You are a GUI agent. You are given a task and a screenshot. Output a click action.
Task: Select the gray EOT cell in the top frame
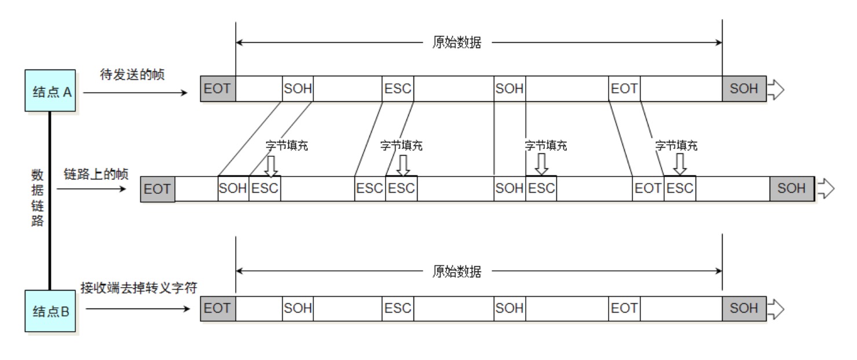coord(218,89)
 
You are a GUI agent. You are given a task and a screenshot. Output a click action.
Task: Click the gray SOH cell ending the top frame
coord(744,89)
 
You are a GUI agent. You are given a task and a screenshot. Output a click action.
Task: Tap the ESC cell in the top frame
coord(397,89)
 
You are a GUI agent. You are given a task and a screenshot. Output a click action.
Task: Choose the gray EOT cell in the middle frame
coord(158,189)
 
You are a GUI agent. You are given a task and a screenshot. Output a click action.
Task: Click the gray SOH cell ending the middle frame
coord(792,189)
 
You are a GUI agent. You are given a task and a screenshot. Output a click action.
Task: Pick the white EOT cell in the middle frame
coord(648,189)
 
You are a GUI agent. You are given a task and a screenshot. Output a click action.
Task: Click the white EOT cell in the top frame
coord(624,89)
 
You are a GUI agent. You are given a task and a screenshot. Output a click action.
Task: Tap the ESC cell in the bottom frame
coord(397,309)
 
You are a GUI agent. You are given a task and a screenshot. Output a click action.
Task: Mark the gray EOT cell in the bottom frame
coord(218,309)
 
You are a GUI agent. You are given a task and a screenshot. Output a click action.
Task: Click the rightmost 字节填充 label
coord(676,145)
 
